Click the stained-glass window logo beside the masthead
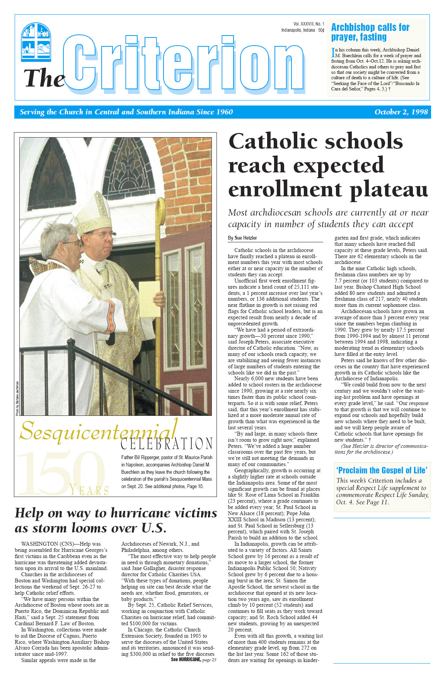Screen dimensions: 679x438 [x=36, y=42]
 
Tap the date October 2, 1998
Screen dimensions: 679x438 [x=401, y=112]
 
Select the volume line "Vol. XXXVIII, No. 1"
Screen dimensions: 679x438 [x=308, y=24]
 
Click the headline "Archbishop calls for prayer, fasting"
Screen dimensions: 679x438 [x=370, y=32]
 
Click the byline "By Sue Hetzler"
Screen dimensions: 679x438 [x=242, y=238]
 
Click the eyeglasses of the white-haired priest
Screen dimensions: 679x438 [x=73, y=244]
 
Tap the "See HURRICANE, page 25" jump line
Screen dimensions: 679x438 [x=193, y=660]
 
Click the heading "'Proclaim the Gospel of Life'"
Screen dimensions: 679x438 [x=382, y=470]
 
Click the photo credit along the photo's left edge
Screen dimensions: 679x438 [x=17, y=398]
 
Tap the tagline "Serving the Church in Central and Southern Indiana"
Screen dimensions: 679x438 [x=126, y=112]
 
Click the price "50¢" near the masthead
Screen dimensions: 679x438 [x=321, y=30]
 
